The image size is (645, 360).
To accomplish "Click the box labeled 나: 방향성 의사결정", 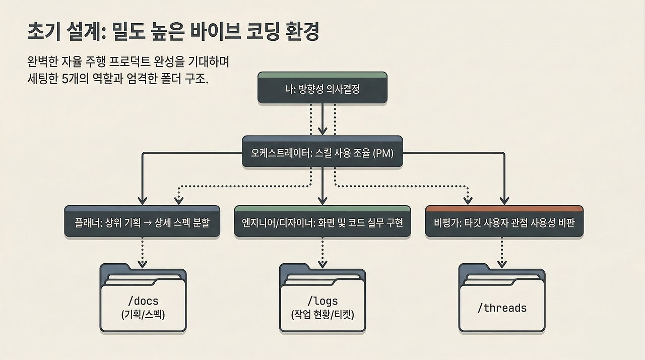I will (322, 89).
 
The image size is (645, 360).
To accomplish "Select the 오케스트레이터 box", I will (322, 152).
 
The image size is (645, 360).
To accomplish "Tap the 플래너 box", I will (142, 222).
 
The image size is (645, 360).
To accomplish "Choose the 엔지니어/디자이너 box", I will (322, 222).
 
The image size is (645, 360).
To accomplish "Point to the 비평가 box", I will (504, 222).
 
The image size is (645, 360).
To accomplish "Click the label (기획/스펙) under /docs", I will (143, 315).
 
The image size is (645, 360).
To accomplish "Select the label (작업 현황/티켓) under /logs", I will (322, 315).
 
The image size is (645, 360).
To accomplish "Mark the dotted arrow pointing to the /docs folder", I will (143, 252).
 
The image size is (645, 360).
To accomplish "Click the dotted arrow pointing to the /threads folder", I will (502, 252).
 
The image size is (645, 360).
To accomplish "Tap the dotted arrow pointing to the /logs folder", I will (322, 252).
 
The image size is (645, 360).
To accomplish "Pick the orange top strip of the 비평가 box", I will (504, 208).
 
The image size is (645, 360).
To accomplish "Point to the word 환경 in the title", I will (303, 32).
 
